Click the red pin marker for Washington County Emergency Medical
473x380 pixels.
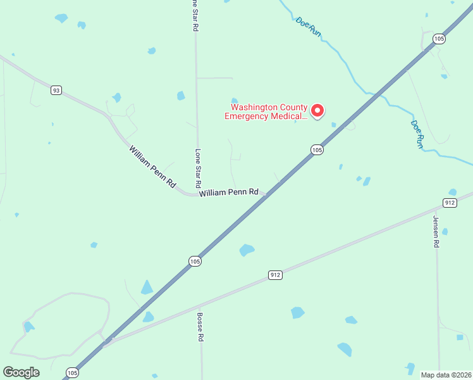[x=317, y=111]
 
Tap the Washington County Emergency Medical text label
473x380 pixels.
[x=266, y=111]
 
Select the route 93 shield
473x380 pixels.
[x=57, y=91]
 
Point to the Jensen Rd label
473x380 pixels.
[x=436, y=231]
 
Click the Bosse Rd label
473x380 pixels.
[x=199, y=327]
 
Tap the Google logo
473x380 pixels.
[x=21, y=372]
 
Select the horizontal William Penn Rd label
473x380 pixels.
[x=229, y=192]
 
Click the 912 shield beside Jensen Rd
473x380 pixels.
[x=450, y=203]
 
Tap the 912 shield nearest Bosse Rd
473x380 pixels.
[x=275, y=275]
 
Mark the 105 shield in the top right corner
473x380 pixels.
[x=439, y=39]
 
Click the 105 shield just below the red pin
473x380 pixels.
[x=317, y=150]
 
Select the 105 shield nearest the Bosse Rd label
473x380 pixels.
[x=195, y=261]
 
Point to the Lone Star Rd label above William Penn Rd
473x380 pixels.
[x=198, y=168]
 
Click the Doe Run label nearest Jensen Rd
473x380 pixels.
[x=417, y=134]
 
